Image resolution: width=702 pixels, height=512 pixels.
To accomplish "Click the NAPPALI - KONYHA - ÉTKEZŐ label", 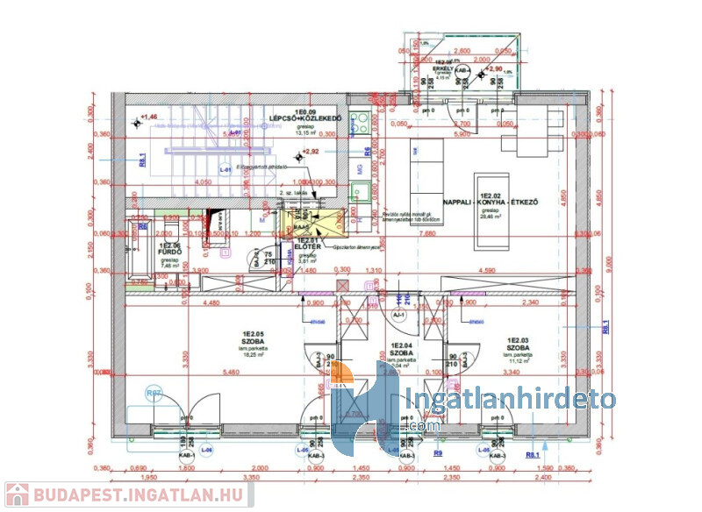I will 489,202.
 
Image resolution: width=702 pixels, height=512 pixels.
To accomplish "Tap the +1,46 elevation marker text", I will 147,117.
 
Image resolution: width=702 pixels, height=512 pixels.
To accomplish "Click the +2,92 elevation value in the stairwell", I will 310,152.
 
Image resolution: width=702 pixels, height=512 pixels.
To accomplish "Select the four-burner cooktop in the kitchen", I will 360,123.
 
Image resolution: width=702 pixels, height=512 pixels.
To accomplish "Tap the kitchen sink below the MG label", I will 359,190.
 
